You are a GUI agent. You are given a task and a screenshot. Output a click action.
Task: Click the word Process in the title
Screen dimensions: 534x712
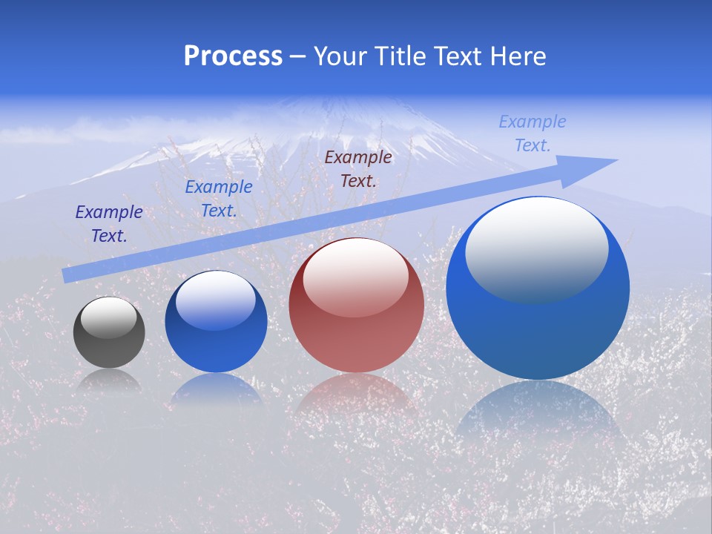(x=233, y=56)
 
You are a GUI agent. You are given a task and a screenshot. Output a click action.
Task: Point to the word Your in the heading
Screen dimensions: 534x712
(x=341, y=56)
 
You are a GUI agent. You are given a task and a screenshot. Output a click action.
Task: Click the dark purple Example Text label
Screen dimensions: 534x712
(x=109, y=224)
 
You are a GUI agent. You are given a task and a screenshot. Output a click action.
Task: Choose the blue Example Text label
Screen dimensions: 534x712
(x=219, y=199)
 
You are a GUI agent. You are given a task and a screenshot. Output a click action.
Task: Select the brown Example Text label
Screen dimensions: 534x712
(x=358, y=168)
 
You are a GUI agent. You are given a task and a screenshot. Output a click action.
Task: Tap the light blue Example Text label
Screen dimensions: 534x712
(x=533, y=133)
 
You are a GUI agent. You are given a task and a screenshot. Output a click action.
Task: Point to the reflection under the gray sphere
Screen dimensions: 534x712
(x=109, y=380)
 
